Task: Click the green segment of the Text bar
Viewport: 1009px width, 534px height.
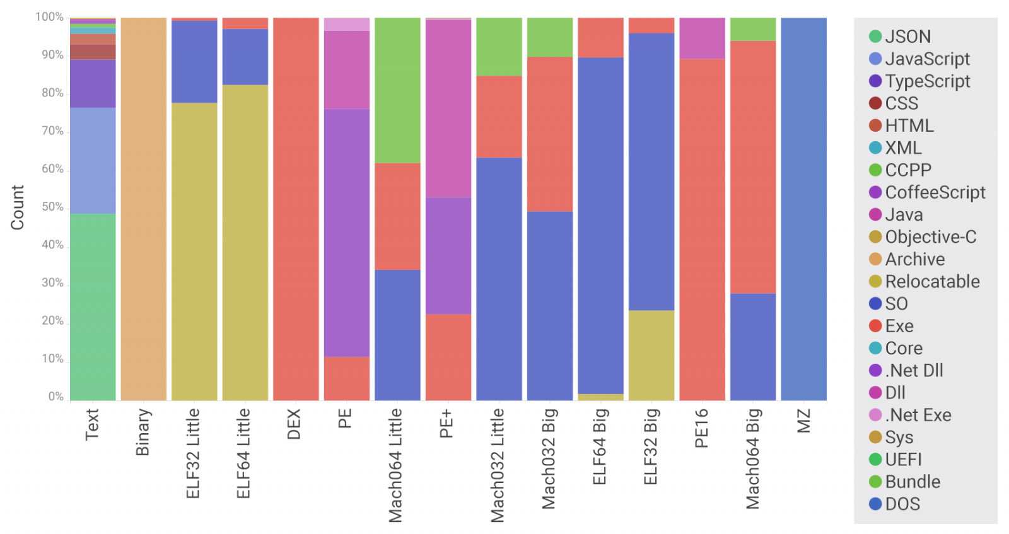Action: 93,306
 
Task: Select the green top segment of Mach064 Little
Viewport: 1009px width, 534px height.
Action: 397,90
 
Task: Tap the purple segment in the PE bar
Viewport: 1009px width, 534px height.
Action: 346,233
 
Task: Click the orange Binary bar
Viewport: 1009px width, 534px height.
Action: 143,209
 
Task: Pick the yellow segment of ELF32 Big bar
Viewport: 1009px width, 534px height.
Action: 651,355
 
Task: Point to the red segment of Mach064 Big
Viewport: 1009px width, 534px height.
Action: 753,167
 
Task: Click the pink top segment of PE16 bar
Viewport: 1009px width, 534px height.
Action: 702,38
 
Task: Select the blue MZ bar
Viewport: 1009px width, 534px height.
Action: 803,209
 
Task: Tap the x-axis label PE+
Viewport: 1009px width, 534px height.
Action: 447,424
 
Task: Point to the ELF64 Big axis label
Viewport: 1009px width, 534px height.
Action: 600,446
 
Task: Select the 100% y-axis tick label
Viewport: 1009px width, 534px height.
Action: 49,17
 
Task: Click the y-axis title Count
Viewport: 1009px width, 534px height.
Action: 17,207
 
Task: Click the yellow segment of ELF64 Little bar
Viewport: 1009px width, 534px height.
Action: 245,242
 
